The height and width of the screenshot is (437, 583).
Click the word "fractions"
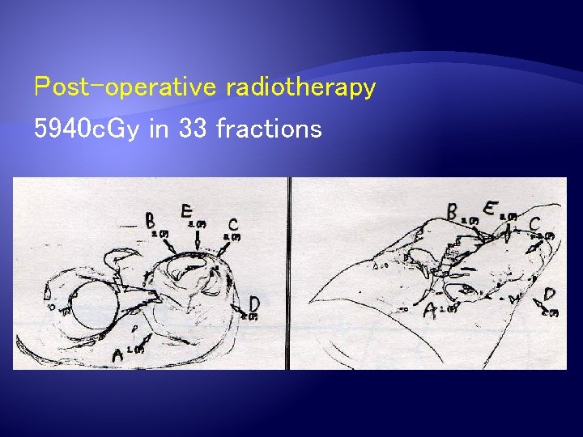coord(269,129)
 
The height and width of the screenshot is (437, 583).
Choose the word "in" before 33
coord(159,129)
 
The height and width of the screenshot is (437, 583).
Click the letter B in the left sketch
coord(149,220)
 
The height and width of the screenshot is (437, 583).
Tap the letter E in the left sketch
coord(186,211)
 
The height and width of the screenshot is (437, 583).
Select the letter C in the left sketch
coord(233,223)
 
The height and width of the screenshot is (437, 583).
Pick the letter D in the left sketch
coord(254,303)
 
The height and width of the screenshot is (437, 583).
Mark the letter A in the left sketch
coord(118,354)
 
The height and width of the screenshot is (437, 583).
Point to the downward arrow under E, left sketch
coord(198,240)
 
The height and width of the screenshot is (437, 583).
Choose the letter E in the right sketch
coord(490,207)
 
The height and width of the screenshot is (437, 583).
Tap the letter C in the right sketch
coord(535,223)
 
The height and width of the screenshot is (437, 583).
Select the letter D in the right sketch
coord(550,295)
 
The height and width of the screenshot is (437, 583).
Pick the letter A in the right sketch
coord(430,311)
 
